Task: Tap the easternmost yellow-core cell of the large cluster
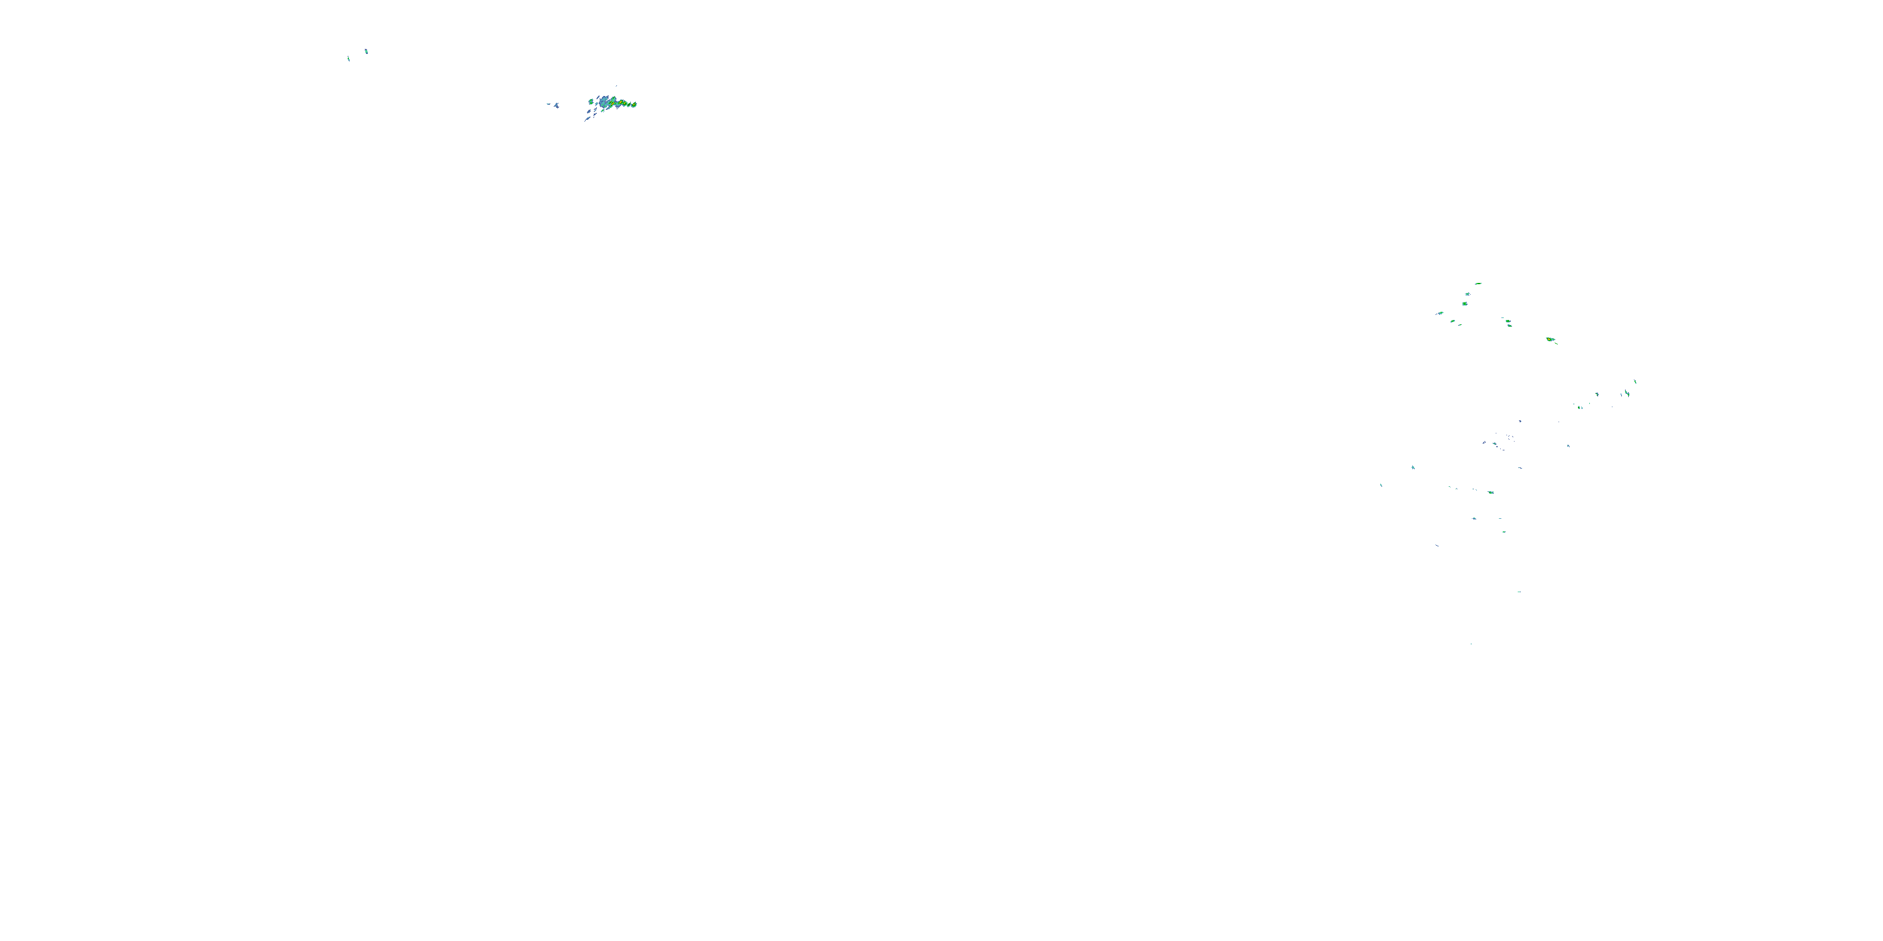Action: click(x=633, y=105)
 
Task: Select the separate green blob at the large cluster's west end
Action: click(x=591, y=101)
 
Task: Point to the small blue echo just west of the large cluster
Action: click(x=556, y=106)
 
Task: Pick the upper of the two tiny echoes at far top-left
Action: click(x=366, y=51)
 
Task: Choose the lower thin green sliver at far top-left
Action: click(x=349, y=58)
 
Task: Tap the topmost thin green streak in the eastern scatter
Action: click(x=1478, y=284)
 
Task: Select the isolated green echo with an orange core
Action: click(x=1550, y=340)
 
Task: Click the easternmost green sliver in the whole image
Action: click(x=1635, y=381)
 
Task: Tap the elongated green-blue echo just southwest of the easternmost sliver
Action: click(x=1627, y=394)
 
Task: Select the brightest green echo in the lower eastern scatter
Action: click(x=1491, y=492)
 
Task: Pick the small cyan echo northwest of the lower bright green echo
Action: click(x=1413, y=467)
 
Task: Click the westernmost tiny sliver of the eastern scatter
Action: click(x=1381, y=485)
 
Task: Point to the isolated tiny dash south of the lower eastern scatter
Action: click(x=1519, y=592)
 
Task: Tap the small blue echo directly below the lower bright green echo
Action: click(x=1474, y=519)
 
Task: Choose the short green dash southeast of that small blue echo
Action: click(x=1504, y=532)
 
